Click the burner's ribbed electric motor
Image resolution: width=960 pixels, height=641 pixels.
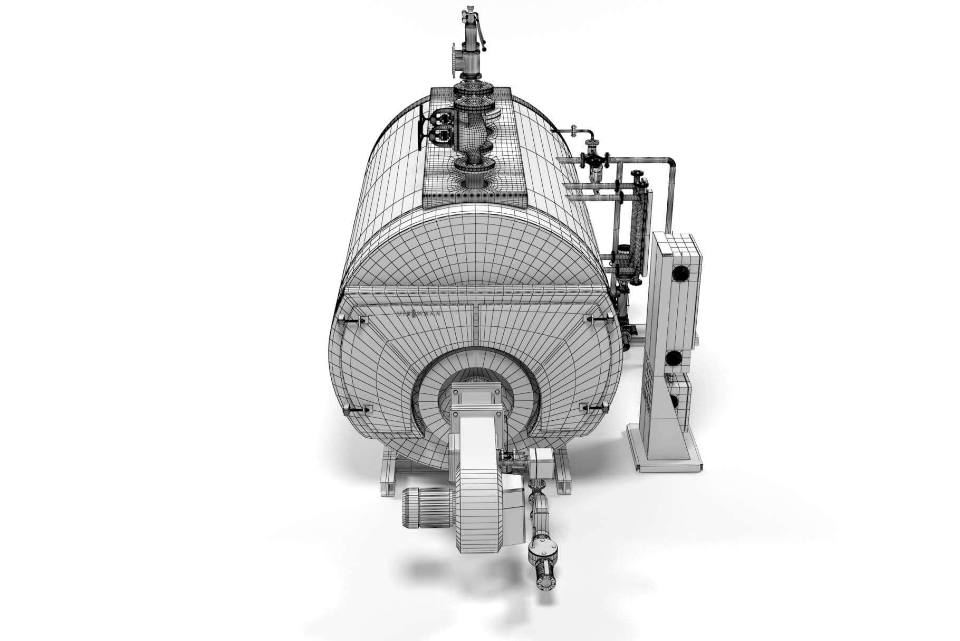pos(426,506)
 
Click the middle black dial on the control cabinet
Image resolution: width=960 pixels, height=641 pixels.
pos(673,358)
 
